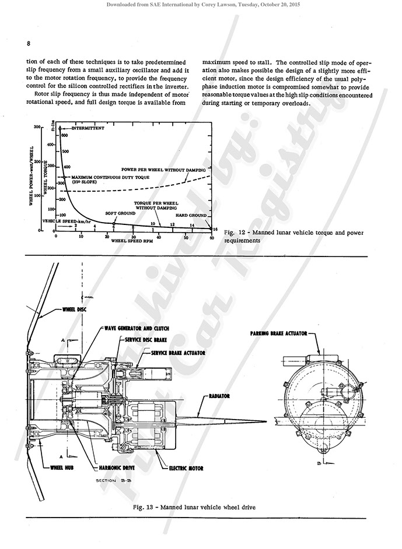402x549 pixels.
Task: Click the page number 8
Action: pyautogui.click(x=28, y=43)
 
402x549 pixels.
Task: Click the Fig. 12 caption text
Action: pyautogui.click(x=293, y=237)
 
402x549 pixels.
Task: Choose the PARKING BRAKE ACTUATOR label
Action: pyautogui.click(x=279, y=335)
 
